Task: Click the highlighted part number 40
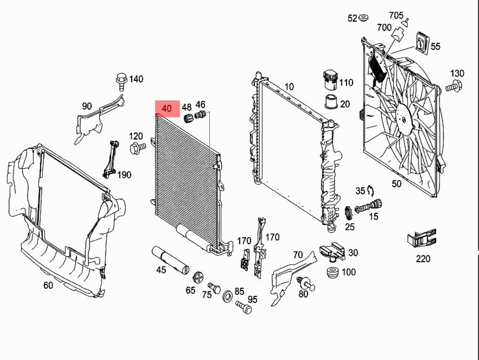pos(167,109)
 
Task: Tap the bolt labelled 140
pos(122,81)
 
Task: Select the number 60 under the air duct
pos(48,285)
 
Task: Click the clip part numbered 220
pos(421,239)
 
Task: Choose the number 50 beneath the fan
pos(397,184)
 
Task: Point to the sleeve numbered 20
pos(329,102)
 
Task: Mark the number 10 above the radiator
pos(289,86)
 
